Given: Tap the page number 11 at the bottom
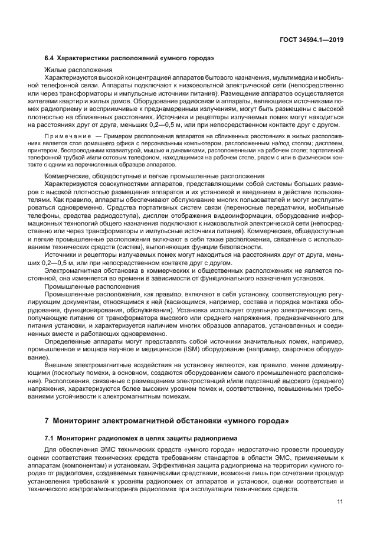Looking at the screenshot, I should click(x=340, y=502).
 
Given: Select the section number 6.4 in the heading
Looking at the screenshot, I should click(x=50, y=58).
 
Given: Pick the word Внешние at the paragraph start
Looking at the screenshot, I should click(x=58, y=366).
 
